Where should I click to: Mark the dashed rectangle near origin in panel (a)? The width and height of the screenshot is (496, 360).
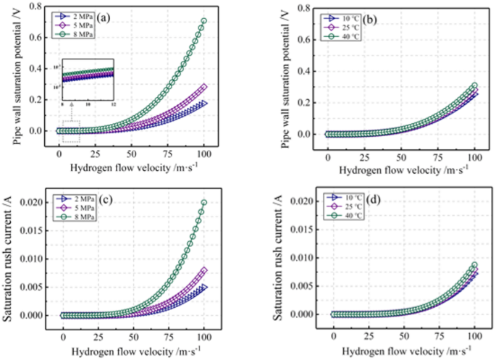pos(71,130)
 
